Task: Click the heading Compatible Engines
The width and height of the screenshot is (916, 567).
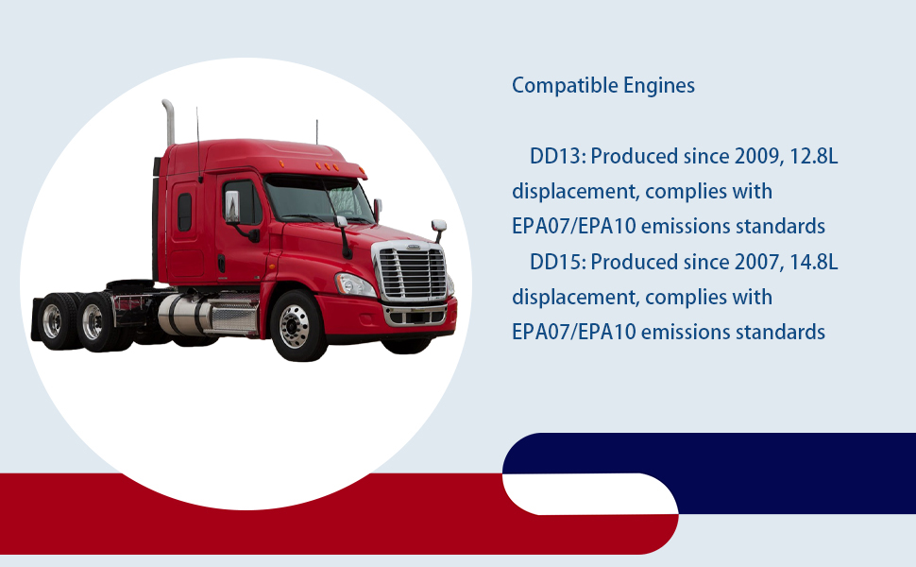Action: (x=603, y=85)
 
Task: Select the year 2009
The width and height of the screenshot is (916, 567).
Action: (x=757, y=157)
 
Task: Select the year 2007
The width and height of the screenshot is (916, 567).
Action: (x=757, y=262)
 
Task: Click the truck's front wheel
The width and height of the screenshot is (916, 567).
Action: (x=297, y=325)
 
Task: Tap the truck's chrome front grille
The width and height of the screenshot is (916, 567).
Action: (x=413, y=272)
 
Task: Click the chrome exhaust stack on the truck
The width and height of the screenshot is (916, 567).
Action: (x=169, y=123)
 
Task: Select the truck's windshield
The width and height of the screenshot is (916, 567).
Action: (x=319, y=199)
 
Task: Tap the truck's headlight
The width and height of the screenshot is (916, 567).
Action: (x=355, y=284)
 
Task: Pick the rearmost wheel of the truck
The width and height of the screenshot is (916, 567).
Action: (x=54, y=321)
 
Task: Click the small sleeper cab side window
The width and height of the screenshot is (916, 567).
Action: (x=184, y=213)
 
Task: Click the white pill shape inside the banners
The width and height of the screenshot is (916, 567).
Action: (x=590, y=494)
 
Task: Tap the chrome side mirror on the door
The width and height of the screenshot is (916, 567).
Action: (x=232, y=207)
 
